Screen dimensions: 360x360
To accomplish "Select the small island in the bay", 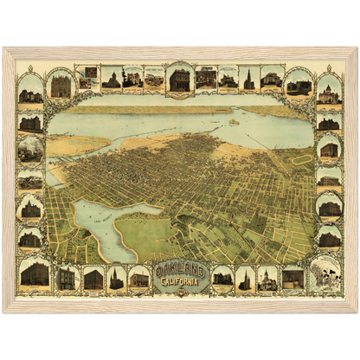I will point(232,122).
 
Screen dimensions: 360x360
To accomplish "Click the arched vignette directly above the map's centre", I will point(180,80).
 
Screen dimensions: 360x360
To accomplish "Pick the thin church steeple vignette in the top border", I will point(248,79).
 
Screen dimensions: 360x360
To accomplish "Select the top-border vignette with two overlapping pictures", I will point(87,77).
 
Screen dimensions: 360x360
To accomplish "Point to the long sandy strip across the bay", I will point(147,110).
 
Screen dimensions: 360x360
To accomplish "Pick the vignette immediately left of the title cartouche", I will point(138,278).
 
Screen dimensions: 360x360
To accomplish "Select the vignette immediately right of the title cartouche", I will point(222,278).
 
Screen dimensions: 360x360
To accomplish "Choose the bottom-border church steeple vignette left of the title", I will point(116,278).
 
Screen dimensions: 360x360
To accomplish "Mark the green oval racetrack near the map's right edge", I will point(300,160).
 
